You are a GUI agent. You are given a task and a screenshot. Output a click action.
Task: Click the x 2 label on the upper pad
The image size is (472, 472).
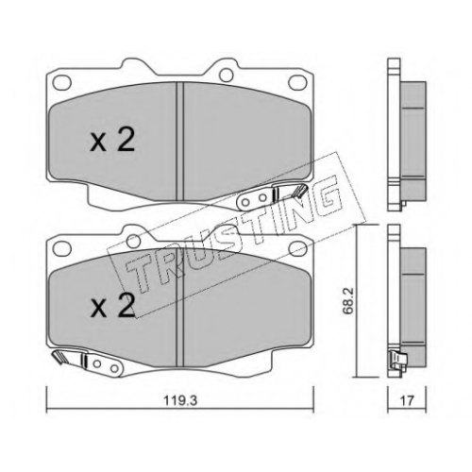(x=112, y=141)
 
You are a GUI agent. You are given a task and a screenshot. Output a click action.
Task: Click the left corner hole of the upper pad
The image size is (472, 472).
(x=61, y=81)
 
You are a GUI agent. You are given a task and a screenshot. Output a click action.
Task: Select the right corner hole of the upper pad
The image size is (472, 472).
(x=297, y=81)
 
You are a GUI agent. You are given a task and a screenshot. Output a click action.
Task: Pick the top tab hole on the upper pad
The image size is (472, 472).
(x=227, y=75)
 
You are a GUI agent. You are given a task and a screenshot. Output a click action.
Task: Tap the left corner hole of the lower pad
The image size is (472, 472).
(x=61, y=245)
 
